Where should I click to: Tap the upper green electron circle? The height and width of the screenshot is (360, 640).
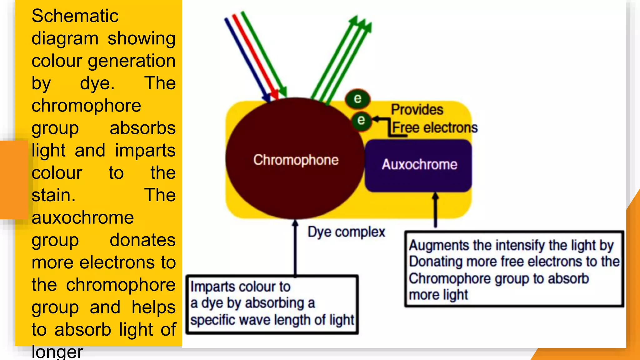coord(357,99)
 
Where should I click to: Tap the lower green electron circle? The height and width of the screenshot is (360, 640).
coord(361,120)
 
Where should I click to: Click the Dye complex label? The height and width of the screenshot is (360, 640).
coord(346,232)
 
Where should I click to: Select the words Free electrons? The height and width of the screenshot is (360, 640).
coord(435,127)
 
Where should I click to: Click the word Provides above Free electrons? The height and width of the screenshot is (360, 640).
coord(417,109)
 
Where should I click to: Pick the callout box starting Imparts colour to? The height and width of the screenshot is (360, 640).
coord(272,305)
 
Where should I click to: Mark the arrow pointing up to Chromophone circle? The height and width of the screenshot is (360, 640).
coord(295,247)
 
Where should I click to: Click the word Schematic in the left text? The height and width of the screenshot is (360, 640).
coord(75,16)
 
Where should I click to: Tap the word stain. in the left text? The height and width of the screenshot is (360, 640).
coord(53,195)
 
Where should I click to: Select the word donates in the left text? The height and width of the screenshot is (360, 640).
coord(142,240)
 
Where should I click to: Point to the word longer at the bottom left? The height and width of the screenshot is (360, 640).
coord(57,352)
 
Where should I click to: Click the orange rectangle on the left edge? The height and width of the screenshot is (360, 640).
coord(14,180)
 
